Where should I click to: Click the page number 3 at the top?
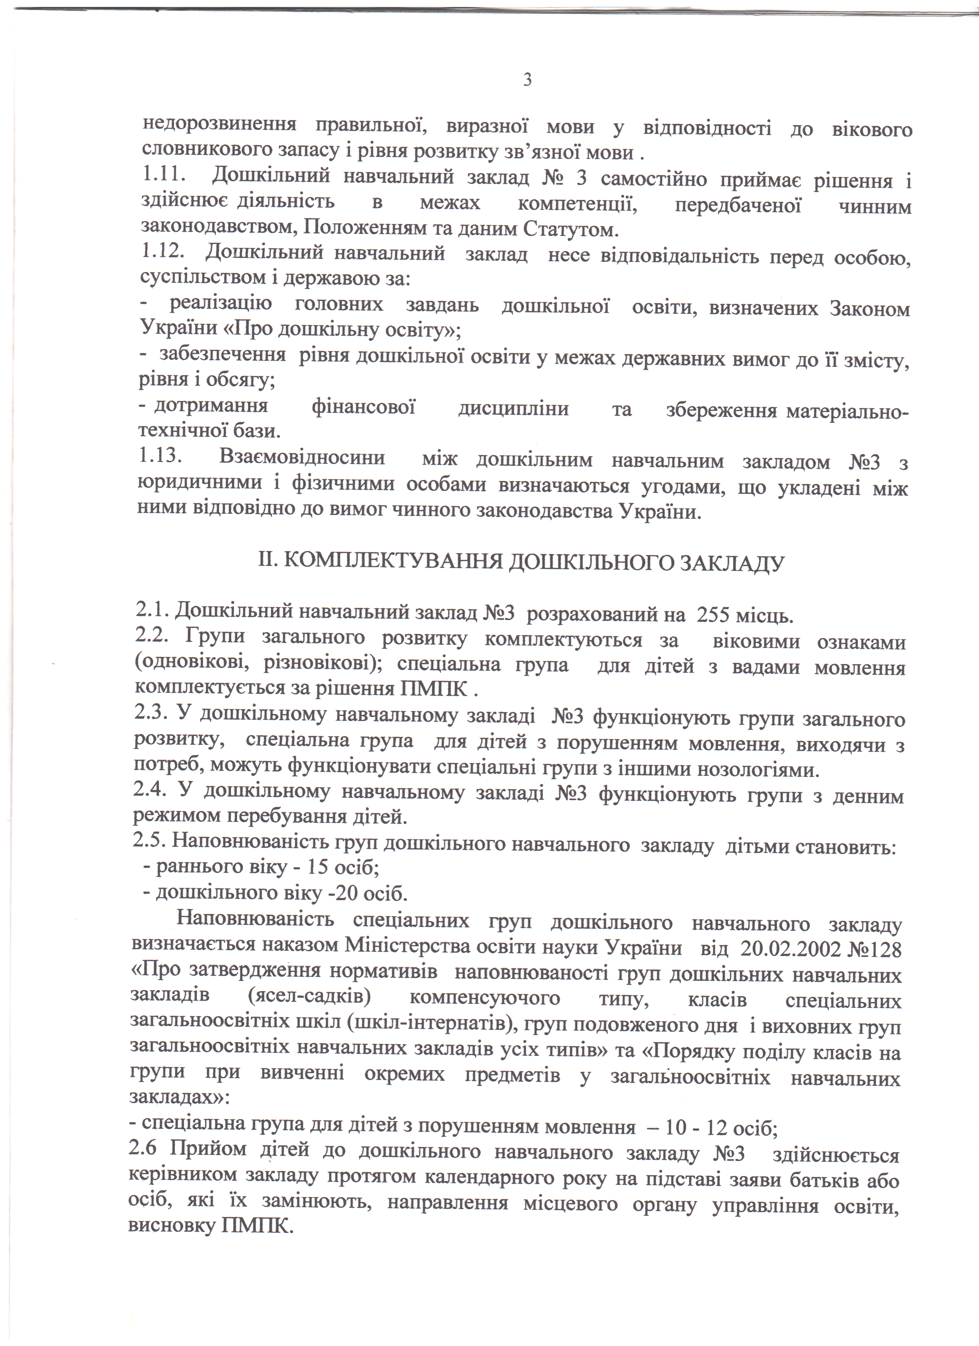(x=527, y=79)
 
